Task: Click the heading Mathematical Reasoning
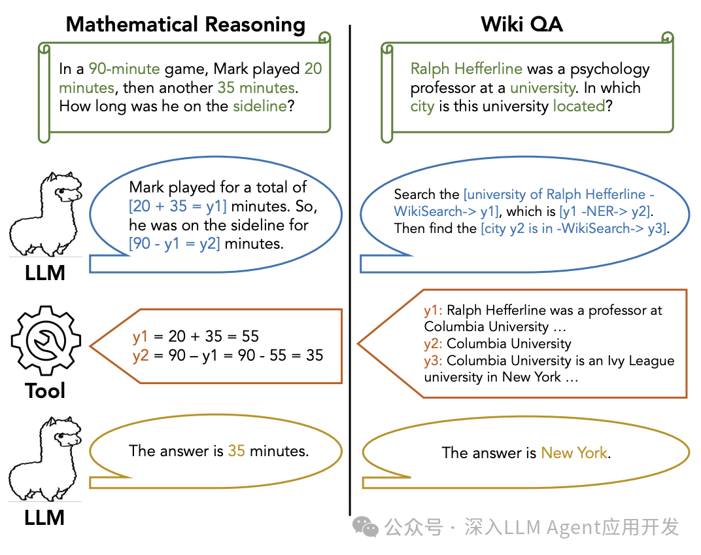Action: click(x=185, y=25)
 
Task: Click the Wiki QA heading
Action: click(x=521, y=25)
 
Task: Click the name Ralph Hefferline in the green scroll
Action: click(x=466, y=69)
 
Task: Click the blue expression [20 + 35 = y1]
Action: click(x=178, y=207)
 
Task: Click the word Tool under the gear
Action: click(x=45, y=391)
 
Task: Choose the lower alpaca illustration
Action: click(x=45, y=461)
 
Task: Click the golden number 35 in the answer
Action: click(x=236, y=451)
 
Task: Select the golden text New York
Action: click(x=574, y=453)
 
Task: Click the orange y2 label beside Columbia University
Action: click(x=433, y=344)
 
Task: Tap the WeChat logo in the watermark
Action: click(x=366, y=526)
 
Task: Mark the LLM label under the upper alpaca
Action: click(x=45, y=273)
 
